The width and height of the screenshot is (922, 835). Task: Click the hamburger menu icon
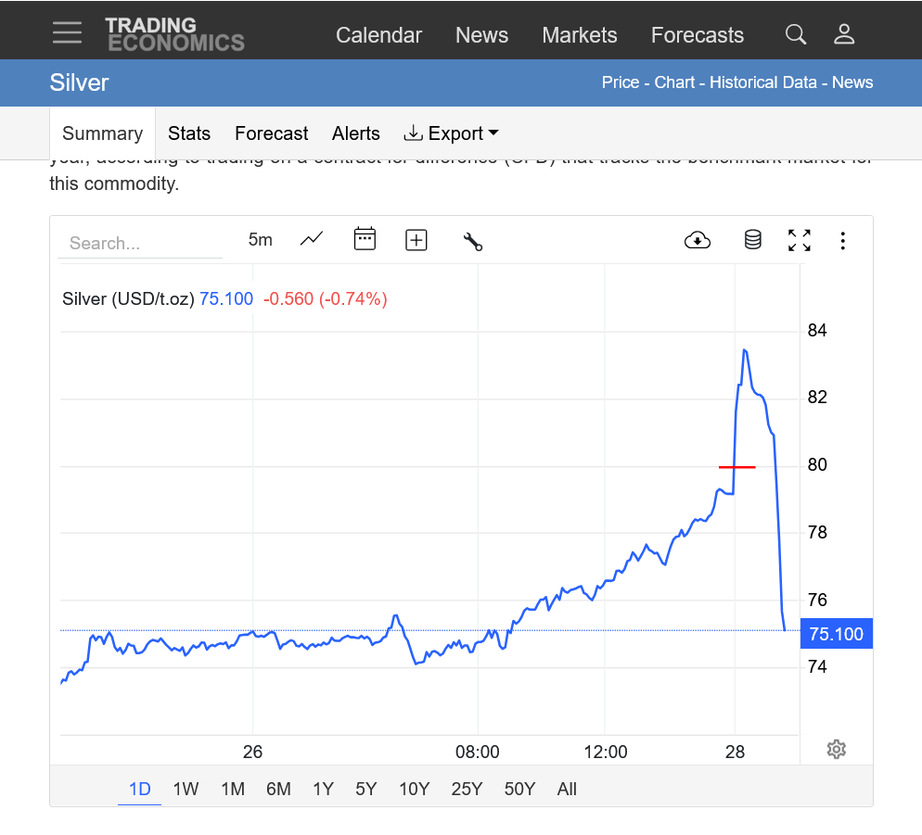click(x=67, y=33)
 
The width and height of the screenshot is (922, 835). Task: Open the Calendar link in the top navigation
click(x=378, y=35)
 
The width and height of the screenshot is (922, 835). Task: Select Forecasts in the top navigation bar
click(x=697, y=35)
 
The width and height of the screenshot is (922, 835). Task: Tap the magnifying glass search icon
click(x=795, y=35)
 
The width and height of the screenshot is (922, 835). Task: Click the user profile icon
click(x=843, y=35)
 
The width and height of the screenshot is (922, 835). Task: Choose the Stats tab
click(x=189, y=133)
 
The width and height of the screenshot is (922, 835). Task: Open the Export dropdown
click(x=451, y=133)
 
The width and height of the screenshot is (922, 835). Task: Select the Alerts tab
click(x=355, y=133)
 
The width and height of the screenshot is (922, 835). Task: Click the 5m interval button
click(x=261, y=240)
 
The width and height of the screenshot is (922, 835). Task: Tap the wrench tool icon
click(x=472, y=241)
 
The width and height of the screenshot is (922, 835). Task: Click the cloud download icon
click(x=697, y=241)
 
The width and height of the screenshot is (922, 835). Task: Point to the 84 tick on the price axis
click(x=816, y=331)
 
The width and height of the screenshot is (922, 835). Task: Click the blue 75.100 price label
click(x=836, y=634)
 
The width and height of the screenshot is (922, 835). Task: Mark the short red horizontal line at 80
click(x=737, y=467)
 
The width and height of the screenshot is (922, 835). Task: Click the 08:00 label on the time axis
click(x=478, y=752)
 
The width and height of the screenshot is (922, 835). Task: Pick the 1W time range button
click(x=186, y=789)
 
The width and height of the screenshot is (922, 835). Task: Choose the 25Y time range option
click(x=467, y=789)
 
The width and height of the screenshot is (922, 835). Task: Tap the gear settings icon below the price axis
click(x=836, y=749)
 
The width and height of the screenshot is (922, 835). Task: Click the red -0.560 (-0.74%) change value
click(x=325, y=298)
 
